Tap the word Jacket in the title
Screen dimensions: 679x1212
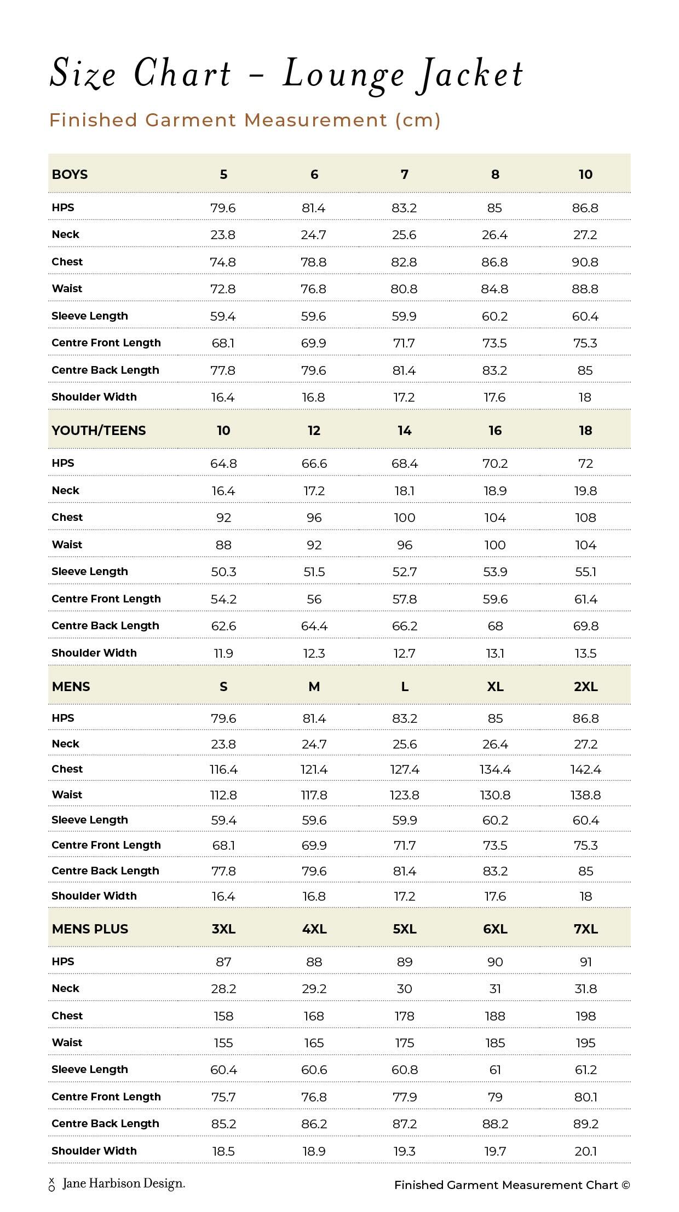click(472, 76)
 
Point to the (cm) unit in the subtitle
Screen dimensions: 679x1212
click(418, 120)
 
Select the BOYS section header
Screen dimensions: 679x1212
click(70, 175)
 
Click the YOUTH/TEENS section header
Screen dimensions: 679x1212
click(99, 431)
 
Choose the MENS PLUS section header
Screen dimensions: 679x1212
click(90, 929)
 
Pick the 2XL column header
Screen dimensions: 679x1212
click(585, 687)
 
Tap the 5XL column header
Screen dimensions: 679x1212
click(405, 929)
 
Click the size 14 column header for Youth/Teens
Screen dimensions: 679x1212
click(405, 431)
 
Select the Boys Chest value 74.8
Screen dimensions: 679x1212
click(223, 262)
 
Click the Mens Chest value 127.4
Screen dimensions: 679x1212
click(405, 769)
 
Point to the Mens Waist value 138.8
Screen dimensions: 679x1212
click(585, 795)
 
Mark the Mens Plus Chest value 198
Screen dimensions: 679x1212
click(585, 1016)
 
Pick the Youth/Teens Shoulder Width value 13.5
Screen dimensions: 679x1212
click(585, 653)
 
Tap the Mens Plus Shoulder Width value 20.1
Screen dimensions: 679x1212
click(585, 1151)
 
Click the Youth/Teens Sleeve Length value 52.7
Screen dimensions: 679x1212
click(405, 572)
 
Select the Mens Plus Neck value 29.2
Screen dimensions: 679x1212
click(314, 989)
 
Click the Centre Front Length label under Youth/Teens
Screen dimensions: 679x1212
click(106, 599)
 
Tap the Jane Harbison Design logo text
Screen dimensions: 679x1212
click(124, 1184)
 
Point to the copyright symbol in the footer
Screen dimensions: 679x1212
click(625, 1185)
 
